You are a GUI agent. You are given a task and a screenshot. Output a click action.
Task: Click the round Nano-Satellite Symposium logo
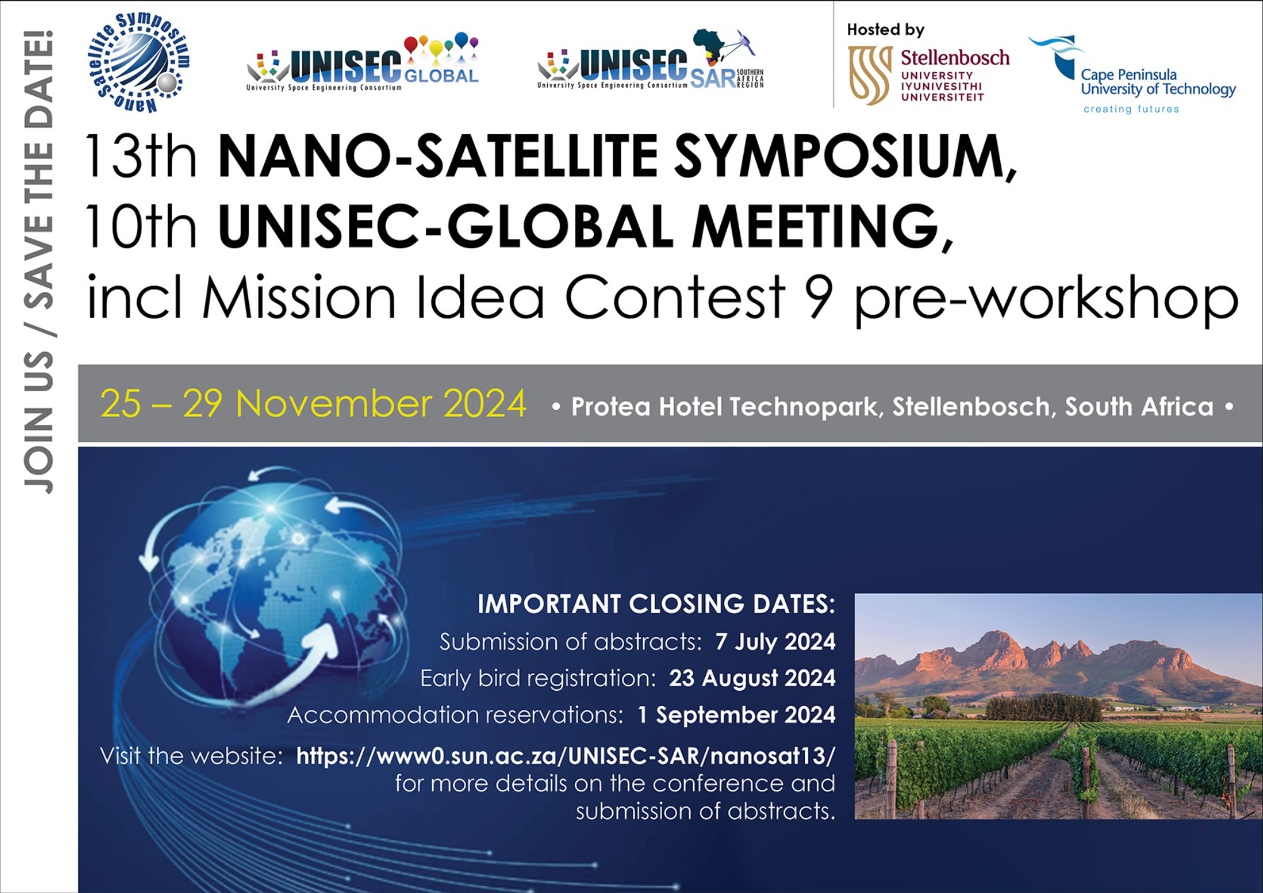tap(138, 63)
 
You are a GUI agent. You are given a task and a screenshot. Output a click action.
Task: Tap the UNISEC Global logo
tap(363, 62)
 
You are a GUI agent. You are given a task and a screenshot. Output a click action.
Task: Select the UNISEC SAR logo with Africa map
tap(651, 59)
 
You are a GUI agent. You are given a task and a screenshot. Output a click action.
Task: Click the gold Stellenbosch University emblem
tap(870, 75)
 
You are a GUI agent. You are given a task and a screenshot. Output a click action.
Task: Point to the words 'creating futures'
tap(1131, 109)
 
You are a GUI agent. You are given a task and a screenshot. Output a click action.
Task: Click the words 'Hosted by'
tap(885, 29)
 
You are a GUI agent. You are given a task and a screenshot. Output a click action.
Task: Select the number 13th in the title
tap(140, 155)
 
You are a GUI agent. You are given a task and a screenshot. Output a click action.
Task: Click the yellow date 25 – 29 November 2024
tap(313, 403)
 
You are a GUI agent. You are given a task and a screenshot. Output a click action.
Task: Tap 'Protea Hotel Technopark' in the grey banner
tap(724, 406)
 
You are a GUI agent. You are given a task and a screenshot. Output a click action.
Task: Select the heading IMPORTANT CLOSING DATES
tap(656, 604)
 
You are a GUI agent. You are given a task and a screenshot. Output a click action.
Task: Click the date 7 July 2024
tap(775, 641)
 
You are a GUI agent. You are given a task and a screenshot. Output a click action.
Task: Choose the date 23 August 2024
tap(752, 677)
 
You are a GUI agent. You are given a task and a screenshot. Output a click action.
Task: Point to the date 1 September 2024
tap(736, 714)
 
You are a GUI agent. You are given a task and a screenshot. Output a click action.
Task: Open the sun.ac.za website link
tap(565, 755)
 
